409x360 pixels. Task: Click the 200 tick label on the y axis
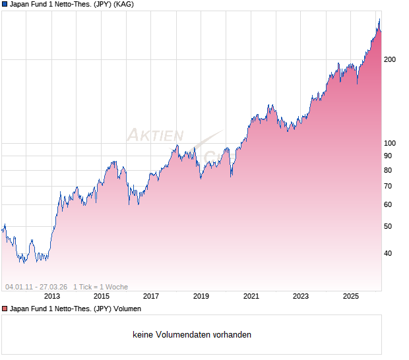click(390, 59)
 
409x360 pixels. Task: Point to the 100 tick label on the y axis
click(390, 143)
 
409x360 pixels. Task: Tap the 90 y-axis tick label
click(388, 156)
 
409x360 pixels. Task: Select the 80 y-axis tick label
click(388, 170)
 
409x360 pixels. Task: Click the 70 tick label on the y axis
click(388, 187)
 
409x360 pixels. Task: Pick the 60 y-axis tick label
click(388, 205)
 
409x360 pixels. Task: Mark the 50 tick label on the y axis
click(388, 227)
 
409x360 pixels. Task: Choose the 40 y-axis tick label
click(388, 253)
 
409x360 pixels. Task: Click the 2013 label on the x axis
click(51, 297)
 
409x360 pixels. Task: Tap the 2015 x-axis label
click(102, 297)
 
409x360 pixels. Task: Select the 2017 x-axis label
click(151, 297)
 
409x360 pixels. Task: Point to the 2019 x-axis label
click(201, 297)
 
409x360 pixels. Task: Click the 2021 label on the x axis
click(251, 297)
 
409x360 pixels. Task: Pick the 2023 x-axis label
click(301, 297)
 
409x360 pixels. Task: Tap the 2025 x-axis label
click(350, 297)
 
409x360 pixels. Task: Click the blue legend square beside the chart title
click(5, 5)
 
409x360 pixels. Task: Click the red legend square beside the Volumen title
click(5, 309)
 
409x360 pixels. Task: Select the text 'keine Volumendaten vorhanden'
click(192, 335)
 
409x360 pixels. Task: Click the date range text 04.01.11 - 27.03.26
click(36, 287)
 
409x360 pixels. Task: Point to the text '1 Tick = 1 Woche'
click(100, 287)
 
